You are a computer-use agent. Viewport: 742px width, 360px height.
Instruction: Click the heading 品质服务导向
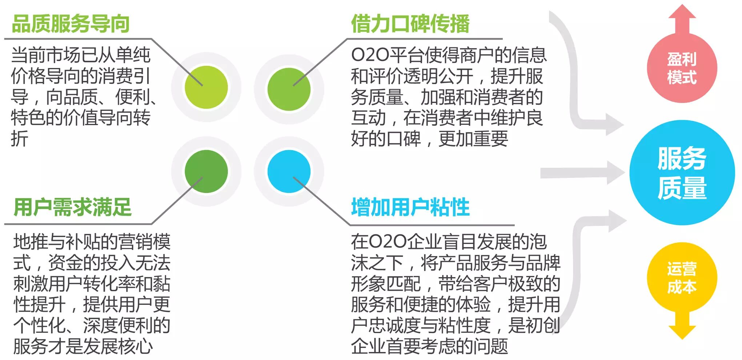click(71, 24)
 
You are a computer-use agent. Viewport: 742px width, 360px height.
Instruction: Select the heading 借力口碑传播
click(410, 24)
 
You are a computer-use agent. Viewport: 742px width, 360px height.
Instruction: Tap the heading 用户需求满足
click(72, 207)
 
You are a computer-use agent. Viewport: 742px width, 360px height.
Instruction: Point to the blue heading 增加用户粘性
click(410, 207)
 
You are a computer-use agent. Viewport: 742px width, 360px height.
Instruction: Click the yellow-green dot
click(206, 87)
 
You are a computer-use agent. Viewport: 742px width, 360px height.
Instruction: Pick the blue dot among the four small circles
click(289, 171)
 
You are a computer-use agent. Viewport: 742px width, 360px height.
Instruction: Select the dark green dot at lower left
click(206, 171)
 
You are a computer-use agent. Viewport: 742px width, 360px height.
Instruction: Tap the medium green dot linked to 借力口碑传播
click(289, 89)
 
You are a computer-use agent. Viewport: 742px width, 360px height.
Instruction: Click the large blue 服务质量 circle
click(682, 173)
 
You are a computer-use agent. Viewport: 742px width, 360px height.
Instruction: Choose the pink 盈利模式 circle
click(682, 68)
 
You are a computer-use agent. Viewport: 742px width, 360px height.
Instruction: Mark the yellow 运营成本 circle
click(682, 277)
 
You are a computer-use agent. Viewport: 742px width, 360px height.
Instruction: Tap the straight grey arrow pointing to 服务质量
click(582, 173)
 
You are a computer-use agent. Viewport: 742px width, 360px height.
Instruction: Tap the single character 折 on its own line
click(20, 139)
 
